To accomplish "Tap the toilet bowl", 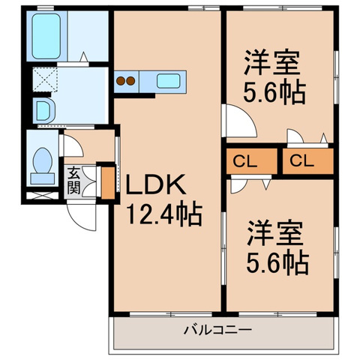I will point(40,164).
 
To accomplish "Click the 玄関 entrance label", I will point(73,180).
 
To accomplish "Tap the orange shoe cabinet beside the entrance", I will point(108,181).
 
